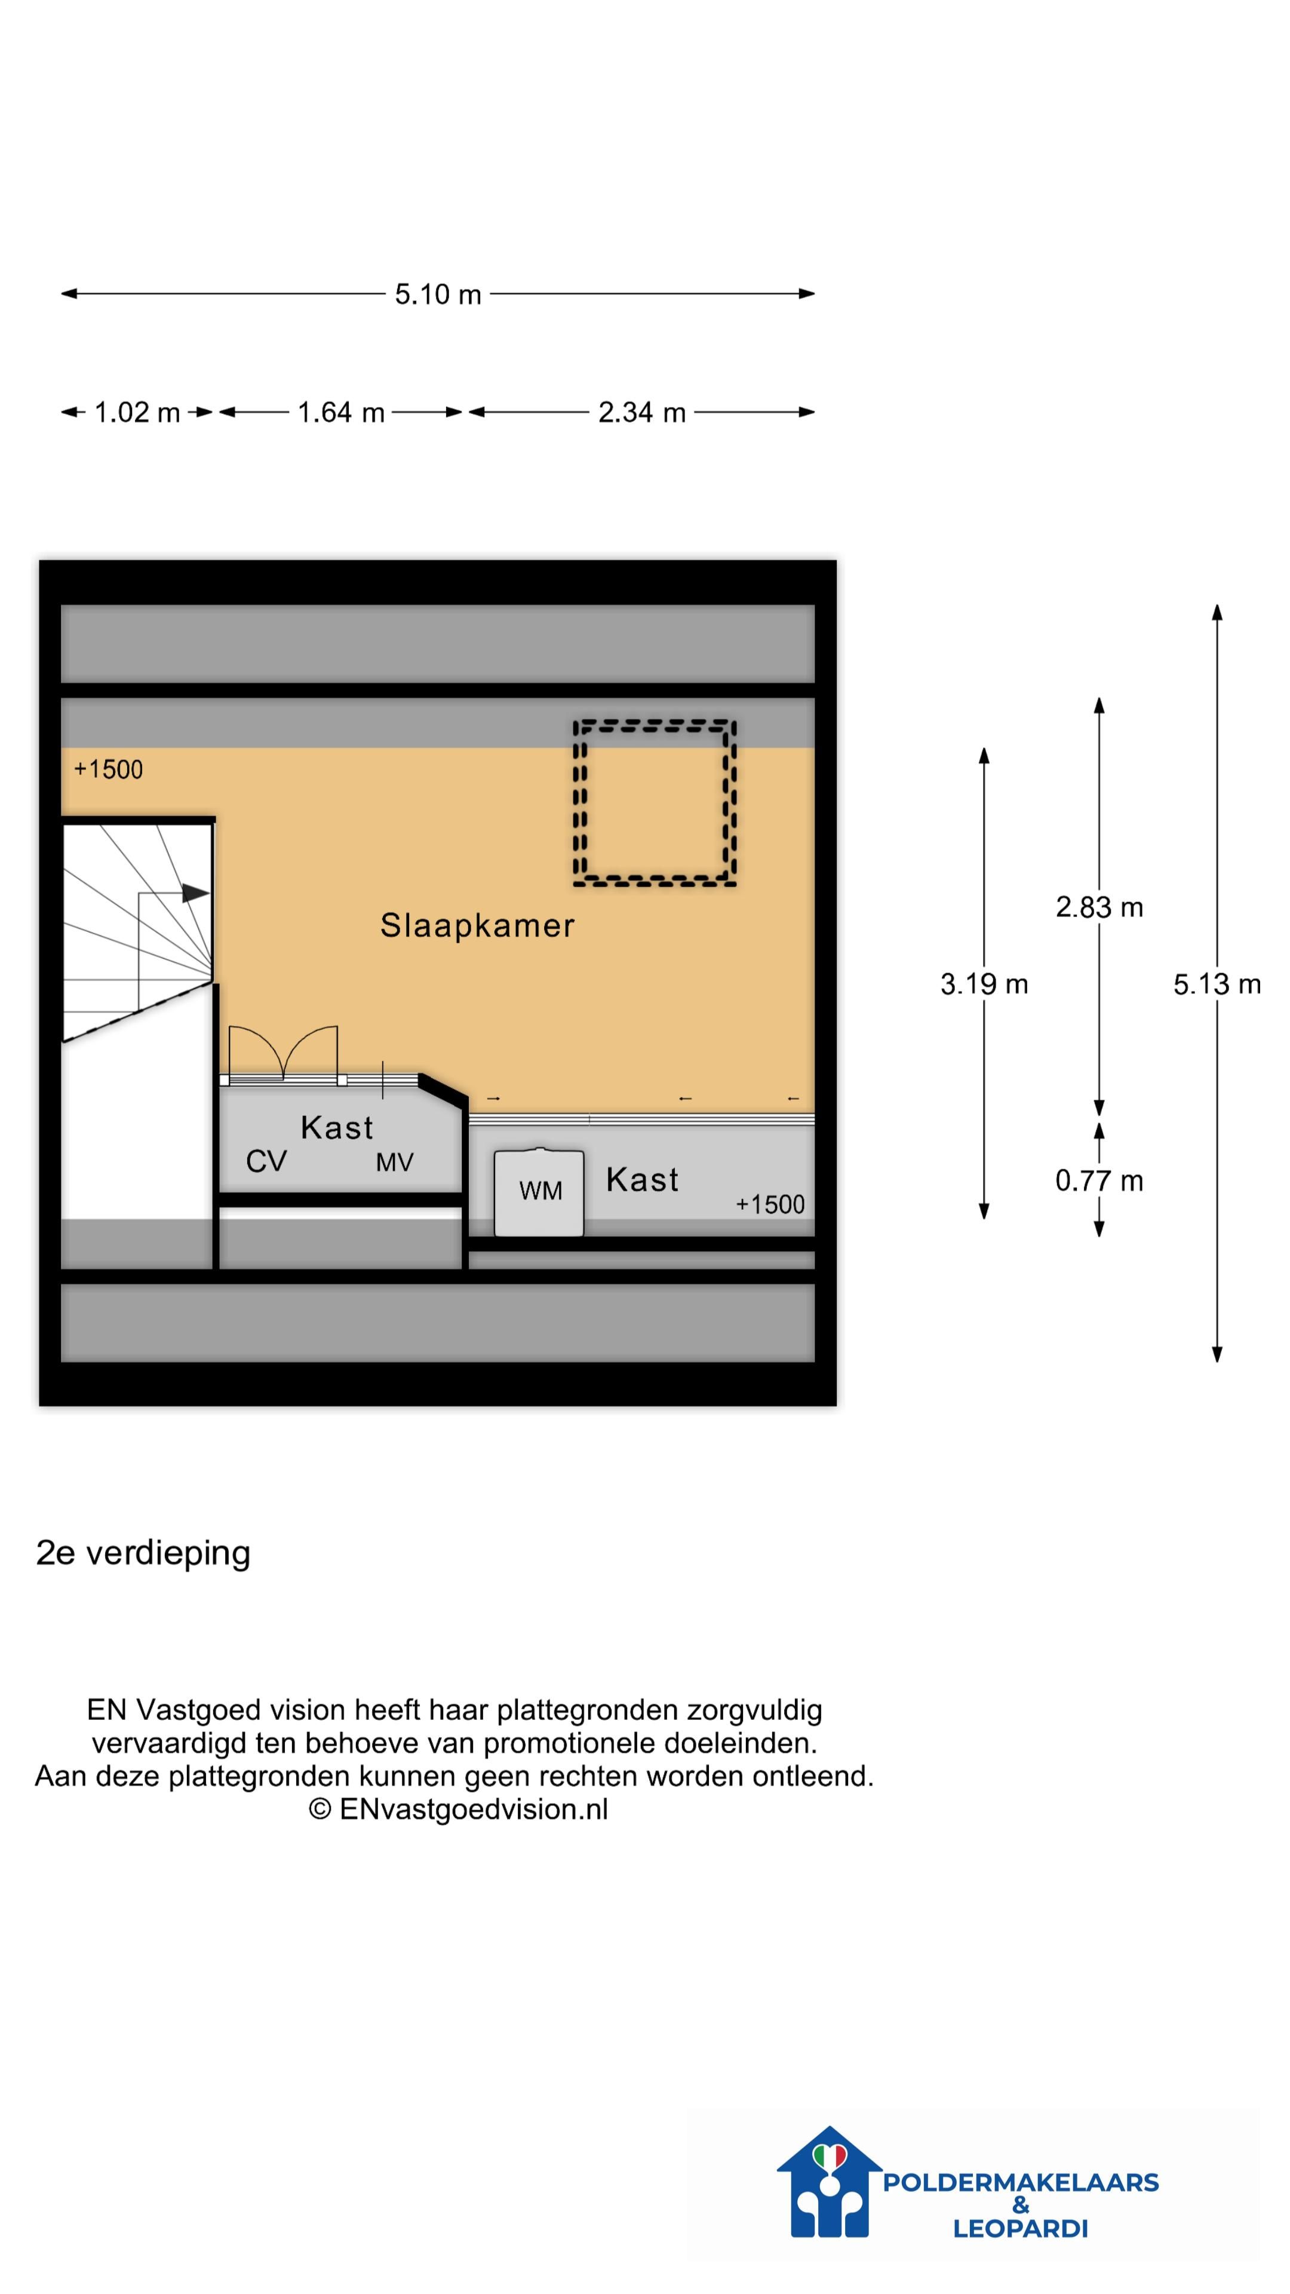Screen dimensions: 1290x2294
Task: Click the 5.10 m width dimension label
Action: (x=438, y=294)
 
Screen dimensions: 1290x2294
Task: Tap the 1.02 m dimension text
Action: (x=137, y=412)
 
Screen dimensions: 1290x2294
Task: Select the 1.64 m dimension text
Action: (x=341, y=412)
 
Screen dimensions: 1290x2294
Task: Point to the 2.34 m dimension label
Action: (x=642, y=412)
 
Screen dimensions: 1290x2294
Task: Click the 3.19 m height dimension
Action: (x=984, y=984)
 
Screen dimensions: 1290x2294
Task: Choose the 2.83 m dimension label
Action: (x=1099, y=907)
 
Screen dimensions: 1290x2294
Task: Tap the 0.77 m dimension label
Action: (x=1099, y=1181)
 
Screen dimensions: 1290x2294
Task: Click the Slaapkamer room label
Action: (x=477, y=925)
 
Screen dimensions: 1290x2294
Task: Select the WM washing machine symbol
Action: (x=539, y=1192)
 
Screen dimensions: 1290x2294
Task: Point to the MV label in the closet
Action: (x=394, y=1162)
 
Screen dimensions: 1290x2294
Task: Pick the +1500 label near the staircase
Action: (x=109, y=769)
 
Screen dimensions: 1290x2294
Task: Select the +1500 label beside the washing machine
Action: (x=770, y=1204)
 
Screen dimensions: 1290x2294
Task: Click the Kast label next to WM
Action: (x=642, y=1180)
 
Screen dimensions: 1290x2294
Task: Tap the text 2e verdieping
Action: (x=143, y=1552)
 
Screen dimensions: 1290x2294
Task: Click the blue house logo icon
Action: (x=830, y=2182)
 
